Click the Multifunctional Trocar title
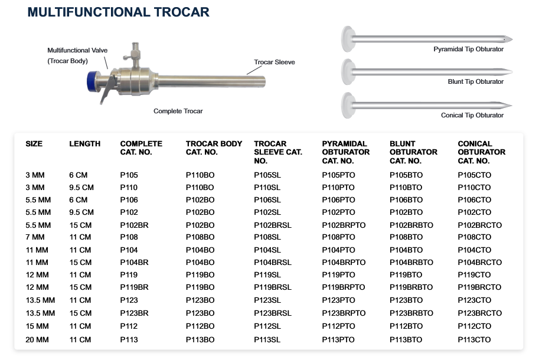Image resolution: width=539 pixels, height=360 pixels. [x=118, y=12]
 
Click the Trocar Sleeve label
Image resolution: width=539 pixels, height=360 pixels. [x=275, y=62]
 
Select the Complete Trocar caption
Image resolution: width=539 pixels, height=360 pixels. [x=178, y=111]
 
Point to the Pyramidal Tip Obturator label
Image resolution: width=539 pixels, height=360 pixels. [x=468, y=49]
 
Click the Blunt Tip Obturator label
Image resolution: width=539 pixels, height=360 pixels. [x=475, y=81]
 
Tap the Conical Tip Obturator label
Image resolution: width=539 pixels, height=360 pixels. [x=472, y=115]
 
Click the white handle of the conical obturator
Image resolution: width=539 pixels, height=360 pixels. [x=348, y=105]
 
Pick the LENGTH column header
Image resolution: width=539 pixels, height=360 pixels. [x=84, y=143]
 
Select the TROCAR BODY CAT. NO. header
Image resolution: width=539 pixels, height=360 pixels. [x=214, y=148]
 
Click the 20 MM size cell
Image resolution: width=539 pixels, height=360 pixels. [x=37, y=340]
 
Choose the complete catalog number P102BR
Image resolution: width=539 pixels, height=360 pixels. [x=134, y=225]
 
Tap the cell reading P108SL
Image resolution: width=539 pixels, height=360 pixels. [x=267, y=237]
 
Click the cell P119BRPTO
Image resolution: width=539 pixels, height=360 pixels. [x=344, y=287]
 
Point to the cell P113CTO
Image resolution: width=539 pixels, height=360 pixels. [x=474, y=340]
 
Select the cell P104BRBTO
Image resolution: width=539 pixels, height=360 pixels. [x=411, y=263]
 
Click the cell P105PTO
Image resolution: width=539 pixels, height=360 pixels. [x=338, y=175]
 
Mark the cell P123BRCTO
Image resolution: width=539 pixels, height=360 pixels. [x=479, y=313]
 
